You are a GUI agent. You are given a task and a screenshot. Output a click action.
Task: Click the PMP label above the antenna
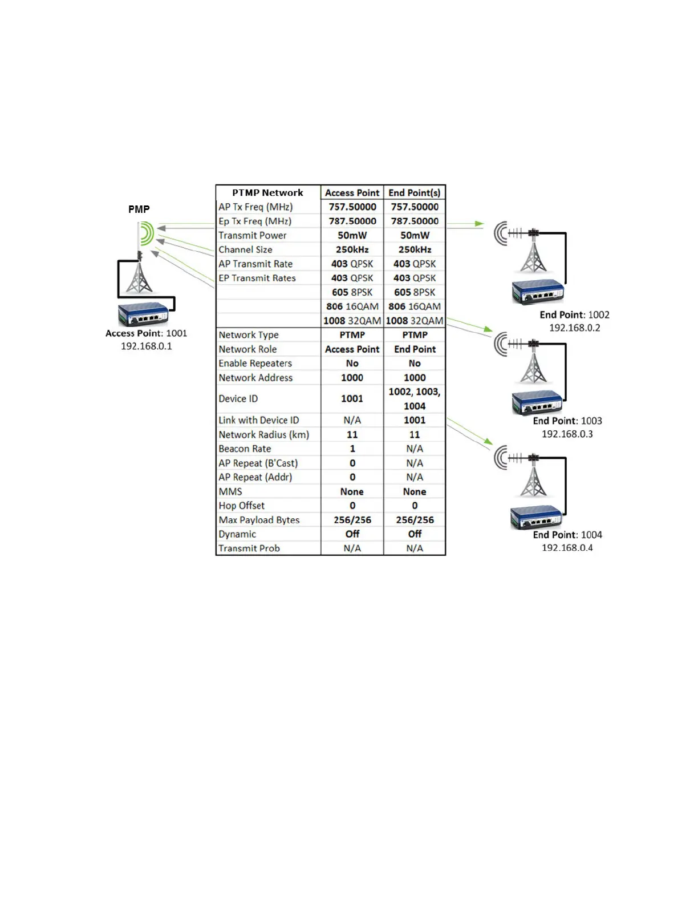point(139,209)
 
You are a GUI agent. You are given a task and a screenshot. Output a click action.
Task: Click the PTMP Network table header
point(267,193)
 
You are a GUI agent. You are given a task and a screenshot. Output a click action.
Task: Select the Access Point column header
point(352,193)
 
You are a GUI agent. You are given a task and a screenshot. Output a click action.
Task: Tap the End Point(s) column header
point(415,193)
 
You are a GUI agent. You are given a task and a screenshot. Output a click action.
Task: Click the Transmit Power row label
point(252,235)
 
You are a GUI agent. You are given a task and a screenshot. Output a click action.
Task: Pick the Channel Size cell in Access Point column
point(352,249)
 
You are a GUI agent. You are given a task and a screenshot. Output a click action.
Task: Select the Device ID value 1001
point(352,398)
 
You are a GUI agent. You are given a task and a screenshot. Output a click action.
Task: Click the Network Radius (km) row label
point(263,434)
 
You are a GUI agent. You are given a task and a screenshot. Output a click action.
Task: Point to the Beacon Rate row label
point(245,449)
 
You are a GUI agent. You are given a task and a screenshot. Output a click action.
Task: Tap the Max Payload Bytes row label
point(259,520)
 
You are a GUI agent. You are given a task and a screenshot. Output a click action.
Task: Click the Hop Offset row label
point(241,506)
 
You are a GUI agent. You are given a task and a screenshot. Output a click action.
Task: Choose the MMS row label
point(230,491)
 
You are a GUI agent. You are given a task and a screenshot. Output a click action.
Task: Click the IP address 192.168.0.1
point(146,346)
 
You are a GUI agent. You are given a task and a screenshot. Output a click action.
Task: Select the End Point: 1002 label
point(574,314)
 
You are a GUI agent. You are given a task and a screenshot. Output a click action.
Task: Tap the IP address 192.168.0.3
point(567,434)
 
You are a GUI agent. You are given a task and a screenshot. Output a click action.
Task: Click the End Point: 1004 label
point(567,535)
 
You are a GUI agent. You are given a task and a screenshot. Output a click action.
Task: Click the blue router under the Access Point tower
point(143,314)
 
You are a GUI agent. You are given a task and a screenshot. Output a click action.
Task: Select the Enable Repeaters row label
point(255,364)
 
